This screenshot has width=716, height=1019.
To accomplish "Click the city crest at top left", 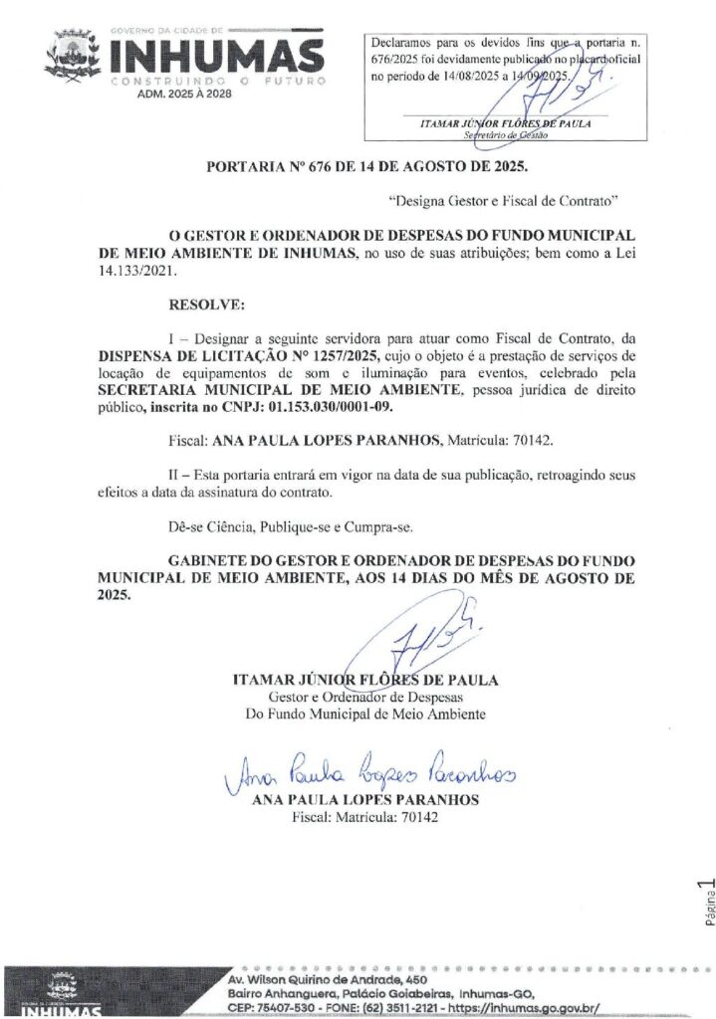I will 72,58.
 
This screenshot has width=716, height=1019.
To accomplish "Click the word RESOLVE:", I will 207,302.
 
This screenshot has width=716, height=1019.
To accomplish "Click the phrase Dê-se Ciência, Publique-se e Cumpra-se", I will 289,525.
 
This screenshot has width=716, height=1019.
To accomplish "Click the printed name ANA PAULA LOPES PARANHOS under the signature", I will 365,799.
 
